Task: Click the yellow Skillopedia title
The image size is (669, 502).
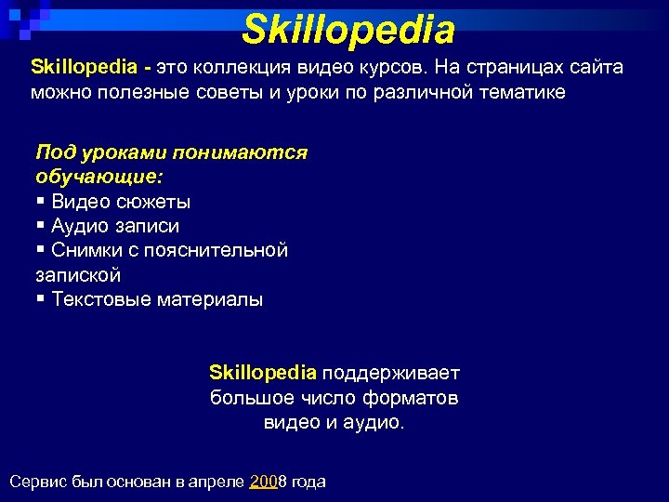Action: (348, 30)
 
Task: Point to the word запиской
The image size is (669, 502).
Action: (78, 275)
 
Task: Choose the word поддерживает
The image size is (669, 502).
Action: (390, 374)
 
